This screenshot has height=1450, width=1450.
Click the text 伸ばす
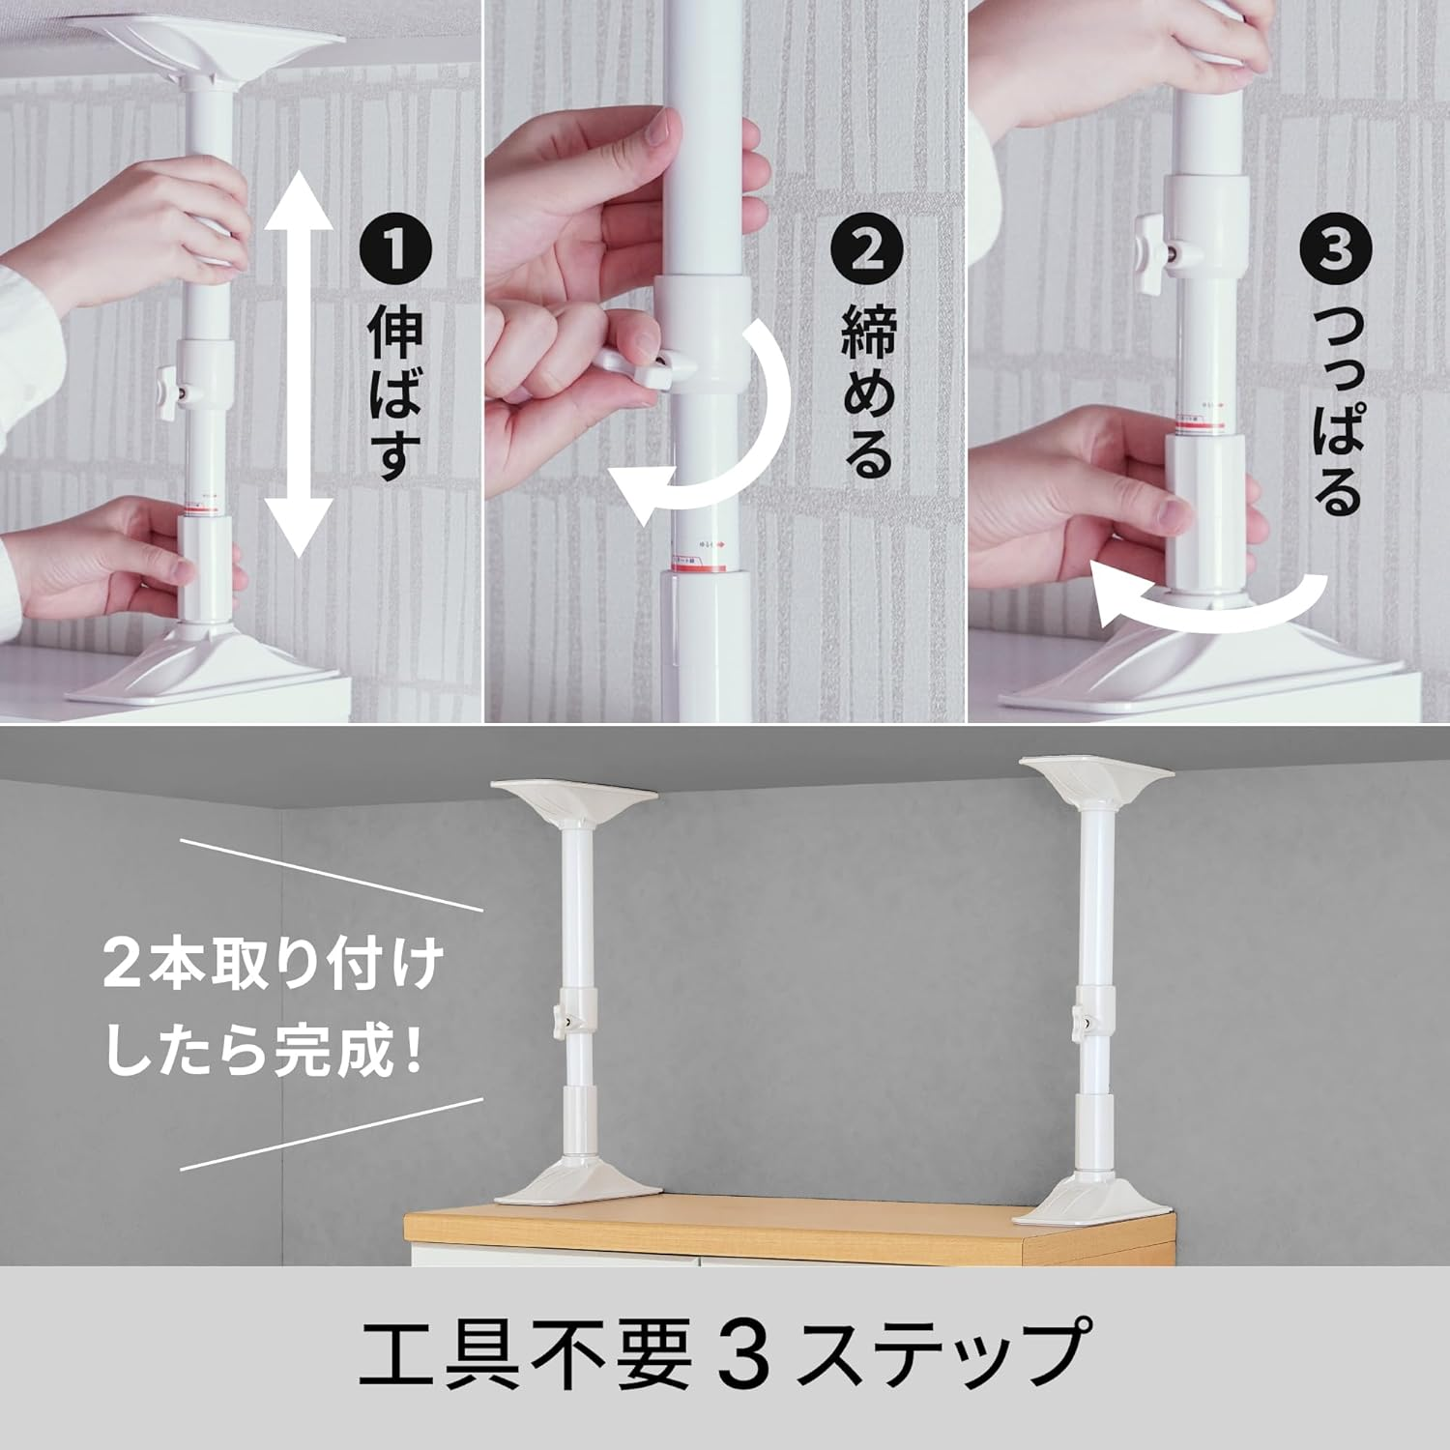(x=394, y=396)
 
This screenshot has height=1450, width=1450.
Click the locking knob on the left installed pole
(x=560, y=1020)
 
